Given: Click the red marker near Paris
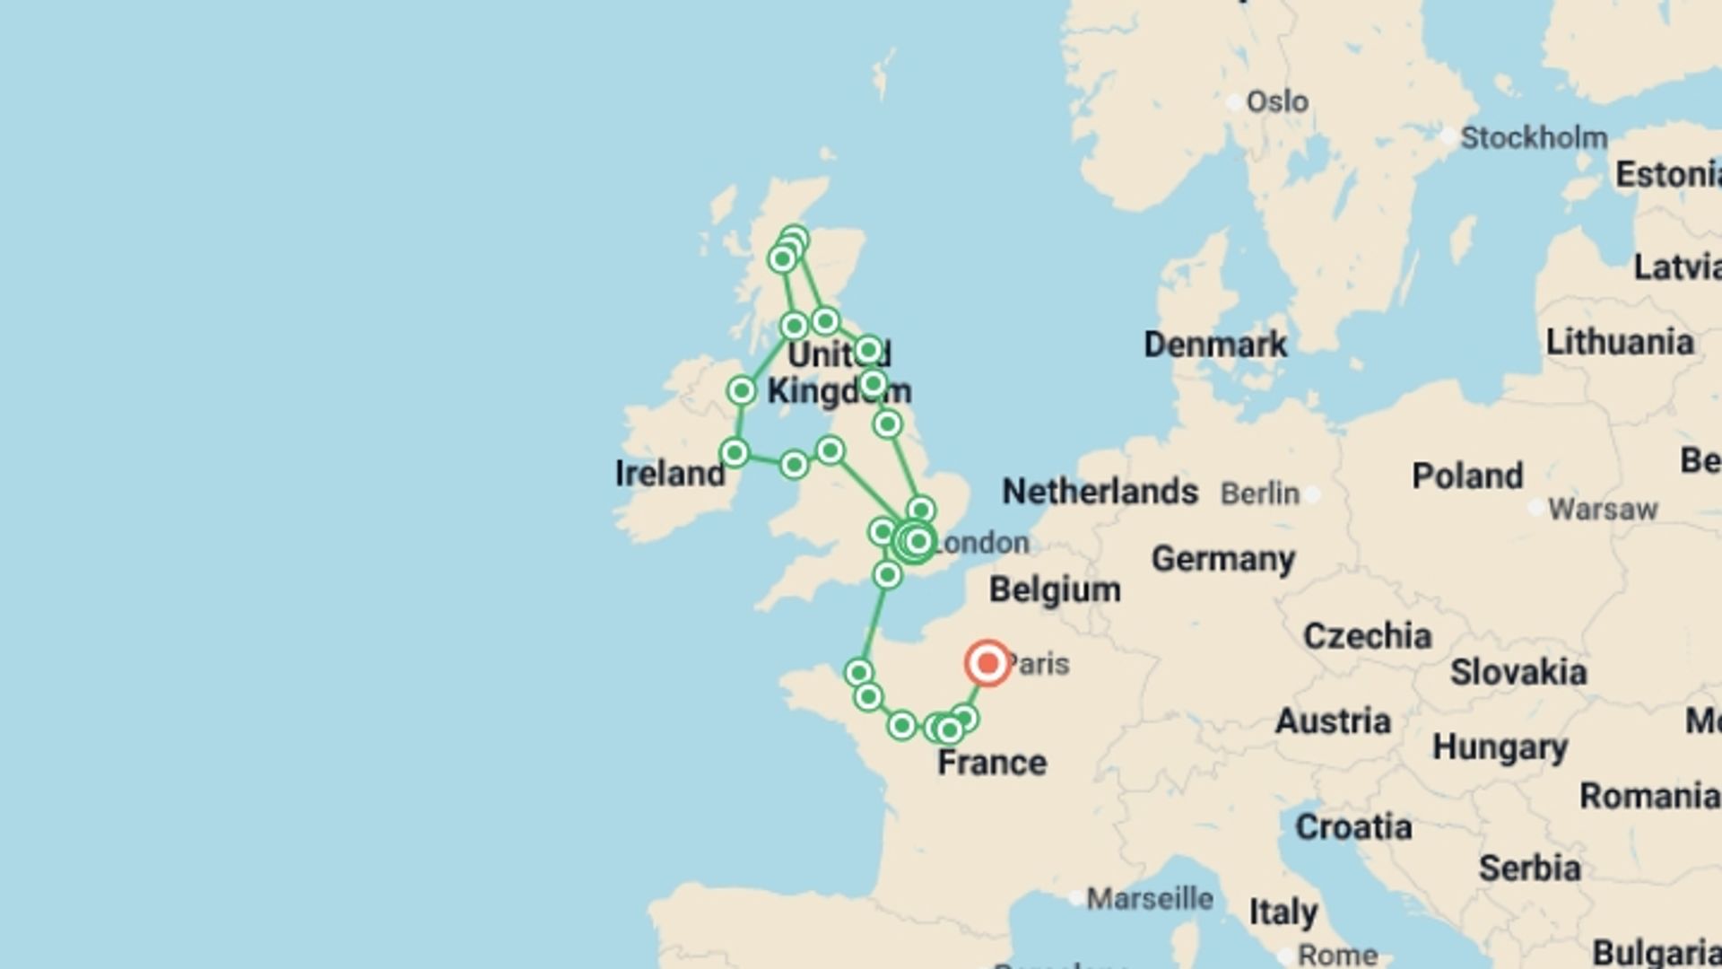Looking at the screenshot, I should [x=987, y=664].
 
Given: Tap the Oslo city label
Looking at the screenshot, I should [x=1277, y=101].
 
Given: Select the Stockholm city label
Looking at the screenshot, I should [x=1534, y=138].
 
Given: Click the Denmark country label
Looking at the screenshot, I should [x=1215, y=345].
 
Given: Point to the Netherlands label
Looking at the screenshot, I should [x=1100, y=492].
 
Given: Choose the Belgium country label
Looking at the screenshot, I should [x=1055, y=590].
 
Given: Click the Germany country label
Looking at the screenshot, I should [x=1223, y=559].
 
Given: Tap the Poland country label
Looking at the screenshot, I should [x=1467, y=476].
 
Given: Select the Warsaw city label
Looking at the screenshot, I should [x=1602, y=510].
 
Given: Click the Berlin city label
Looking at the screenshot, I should [x=1260, y=493].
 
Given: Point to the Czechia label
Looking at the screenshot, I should [x=1367, y=636].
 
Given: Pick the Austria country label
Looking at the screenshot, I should [x=1333, y=721].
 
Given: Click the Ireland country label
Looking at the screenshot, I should [x=670, y=474].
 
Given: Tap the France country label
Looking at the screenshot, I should [x=992, y=763].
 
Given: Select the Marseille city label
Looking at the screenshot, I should [x=1150, y=898].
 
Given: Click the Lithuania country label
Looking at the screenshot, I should [x=1620, y=342].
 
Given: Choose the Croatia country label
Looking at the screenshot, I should [x=1353, y=827].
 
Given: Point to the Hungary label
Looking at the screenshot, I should [x=1500, y=746].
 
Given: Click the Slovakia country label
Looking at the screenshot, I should [x=1518, y=672].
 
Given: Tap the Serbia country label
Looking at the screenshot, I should [x=1529, y=868].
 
